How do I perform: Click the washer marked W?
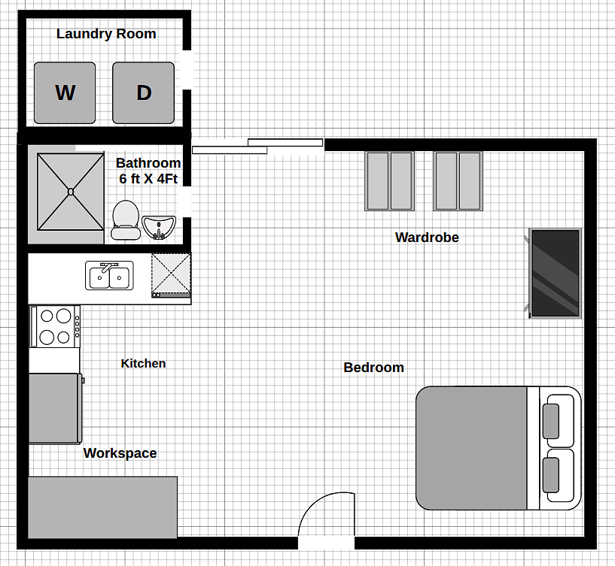coord(65,93)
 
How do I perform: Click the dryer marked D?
coord(144,93)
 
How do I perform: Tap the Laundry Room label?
coord(106,34)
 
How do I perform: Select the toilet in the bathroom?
coord(126,219)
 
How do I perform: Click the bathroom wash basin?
coord(159,227)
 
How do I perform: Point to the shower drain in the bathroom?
coord(71,192)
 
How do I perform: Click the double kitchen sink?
coord(109,275)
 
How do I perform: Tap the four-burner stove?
coord(55,326)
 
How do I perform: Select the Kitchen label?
coord(143,364)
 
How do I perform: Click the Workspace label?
coord(120,453)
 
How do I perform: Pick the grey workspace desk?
coord(103,507)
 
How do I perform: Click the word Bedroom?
coord(374,368)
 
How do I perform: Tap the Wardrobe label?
coord(427,238)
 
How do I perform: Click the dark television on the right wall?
coord(555,273)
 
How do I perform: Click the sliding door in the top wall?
coord(257,146)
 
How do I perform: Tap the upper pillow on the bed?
coord(551,421)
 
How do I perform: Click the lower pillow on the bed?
coord(551,475)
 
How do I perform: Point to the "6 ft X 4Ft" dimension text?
coord(148,179)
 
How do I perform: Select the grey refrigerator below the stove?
coord(55,408)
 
